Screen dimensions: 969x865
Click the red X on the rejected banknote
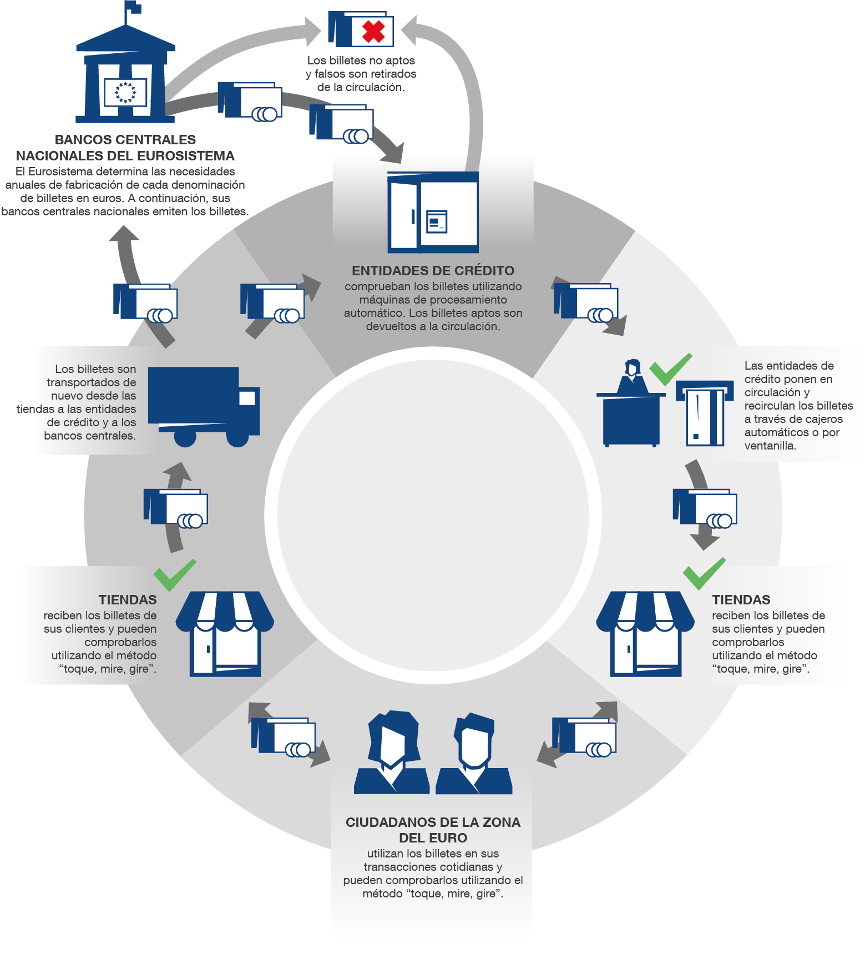point(373,32)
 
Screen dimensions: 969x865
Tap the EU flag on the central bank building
point(125,92)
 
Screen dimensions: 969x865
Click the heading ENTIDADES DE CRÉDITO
point(433,271)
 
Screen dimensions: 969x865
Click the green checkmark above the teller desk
point(670,369)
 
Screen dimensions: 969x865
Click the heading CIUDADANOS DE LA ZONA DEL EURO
point(433,830)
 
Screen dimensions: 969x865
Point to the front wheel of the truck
point(237,436)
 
